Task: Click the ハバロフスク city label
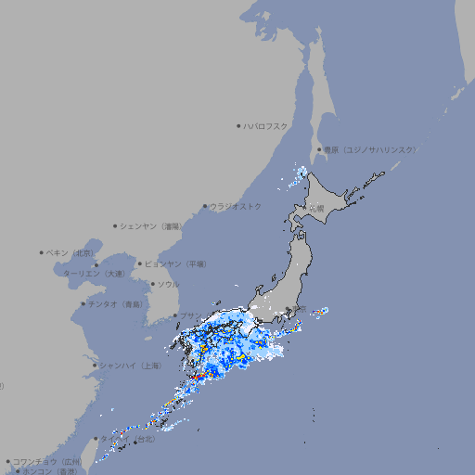pos(265,125)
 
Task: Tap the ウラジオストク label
pos(236,206)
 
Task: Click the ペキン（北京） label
pos(71,252)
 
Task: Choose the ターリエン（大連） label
pos(94,274)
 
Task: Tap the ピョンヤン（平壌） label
pos(175,263)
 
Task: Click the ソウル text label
pos(168,284)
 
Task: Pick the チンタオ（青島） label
pos(115,303)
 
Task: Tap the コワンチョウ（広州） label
pos(46,461)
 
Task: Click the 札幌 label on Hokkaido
pos(316,208)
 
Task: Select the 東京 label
pos(297,311)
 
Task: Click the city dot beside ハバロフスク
pos(238,125)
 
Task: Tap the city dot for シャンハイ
pos(95,365)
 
